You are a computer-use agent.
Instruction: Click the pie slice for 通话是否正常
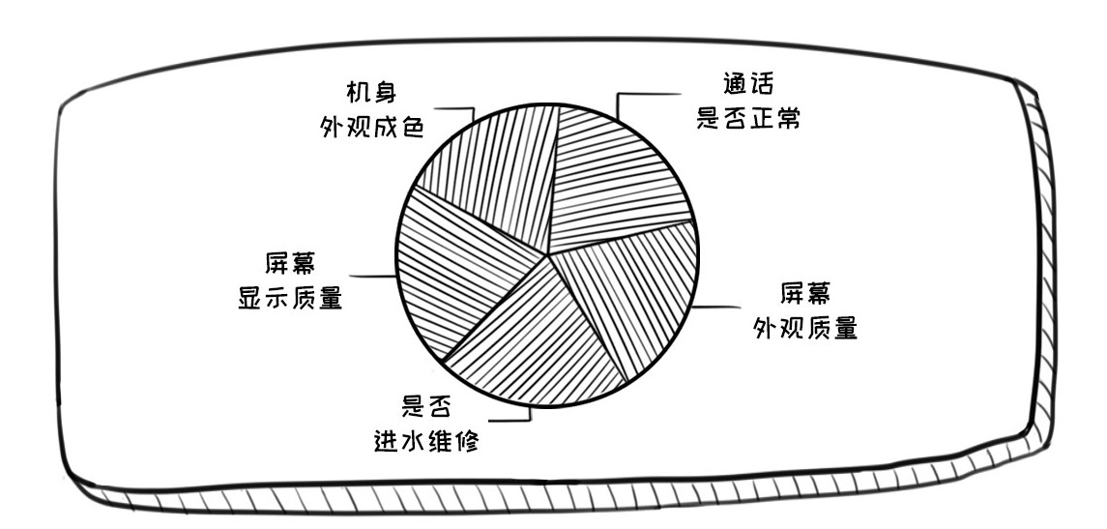point(619,179)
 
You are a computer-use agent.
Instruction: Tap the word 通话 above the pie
point(748,83)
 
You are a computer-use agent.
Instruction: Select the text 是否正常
point(748,120)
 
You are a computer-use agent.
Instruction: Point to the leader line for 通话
point(643,94)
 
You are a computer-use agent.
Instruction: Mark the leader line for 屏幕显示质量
point(372,278)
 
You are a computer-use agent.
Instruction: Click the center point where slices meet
point(549,254)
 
